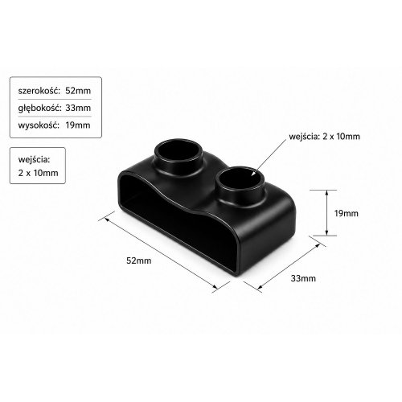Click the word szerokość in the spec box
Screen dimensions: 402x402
[39, 91]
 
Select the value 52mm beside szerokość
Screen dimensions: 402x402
[78, 91]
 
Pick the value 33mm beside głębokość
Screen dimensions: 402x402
[78, 108]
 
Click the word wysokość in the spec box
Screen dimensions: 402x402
[39, 125]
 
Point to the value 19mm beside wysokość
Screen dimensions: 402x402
[78, 125]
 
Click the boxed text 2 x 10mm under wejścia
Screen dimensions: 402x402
[38, 173]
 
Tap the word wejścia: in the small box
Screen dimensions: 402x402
[34, 160]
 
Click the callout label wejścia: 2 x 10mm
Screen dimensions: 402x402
[324, 137]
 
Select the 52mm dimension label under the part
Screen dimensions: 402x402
[139, 260]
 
